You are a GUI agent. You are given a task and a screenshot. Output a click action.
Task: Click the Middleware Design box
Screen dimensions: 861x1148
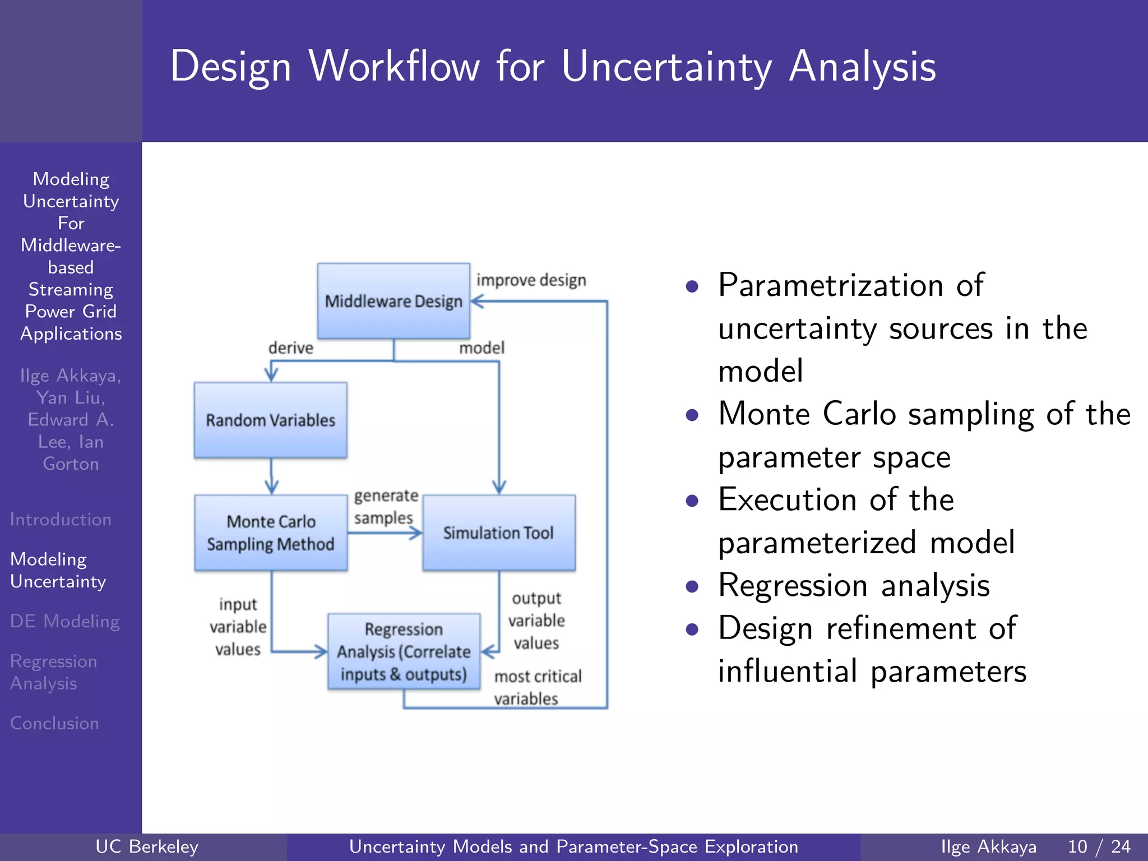click(394, 301)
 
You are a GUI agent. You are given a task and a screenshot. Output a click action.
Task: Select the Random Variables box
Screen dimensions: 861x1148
click(271, 420)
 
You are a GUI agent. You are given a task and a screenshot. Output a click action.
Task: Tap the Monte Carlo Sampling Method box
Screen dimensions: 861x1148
click(271, 533)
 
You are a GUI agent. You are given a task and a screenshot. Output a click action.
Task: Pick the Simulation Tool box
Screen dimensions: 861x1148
click(498, 533)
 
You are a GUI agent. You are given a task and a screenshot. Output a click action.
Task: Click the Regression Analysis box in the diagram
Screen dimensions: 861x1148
click(404, 651)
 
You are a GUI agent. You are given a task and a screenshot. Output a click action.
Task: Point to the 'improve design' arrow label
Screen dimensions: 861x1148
click(531, 280)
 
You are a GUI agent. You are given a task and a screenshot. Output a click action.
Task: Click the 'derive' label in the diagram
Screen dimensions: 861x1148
click(290, 348)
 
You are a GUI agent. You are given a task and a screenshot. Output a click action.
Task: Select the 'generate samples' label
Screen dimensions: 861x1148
click(386, 507)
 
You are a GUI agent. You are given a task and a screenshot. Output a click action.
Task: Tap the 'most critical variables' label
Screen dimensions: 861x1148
click(537, 687)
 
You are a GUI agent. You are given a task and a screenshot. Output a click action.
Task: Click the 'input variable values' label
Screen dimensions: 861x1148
click(238, 627)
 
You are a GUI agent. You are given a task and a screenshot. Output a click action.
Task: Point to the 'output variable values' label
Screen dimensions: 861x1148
click(536, 621)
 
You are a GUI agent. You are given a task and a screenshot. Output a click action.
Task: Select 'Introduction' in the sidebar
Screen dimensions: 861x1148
click(61, 520)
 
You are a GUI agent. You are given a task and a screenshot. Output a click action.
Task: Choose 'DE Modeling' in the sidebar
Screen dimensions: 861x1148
click(64, 621)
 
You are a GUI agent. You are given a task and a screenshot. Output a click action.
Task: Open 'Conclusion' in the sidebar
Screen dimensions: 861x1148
click(54, 723)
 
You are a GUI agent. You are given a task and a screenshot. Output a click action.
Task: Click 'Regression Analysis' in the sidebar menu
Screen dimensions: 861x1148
click(53, 672)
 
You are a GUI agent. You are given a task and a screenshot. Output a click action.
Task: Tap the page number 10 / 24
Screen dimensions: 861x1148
click(1099, 846)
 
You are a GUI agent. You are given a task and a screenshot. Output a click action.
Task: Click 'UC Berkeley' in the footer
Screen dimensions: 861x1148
click(147, 846)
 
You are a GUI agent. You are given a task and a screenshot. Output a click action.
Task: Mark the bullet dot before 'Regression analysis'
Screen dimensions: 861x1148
click(692, 586)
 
